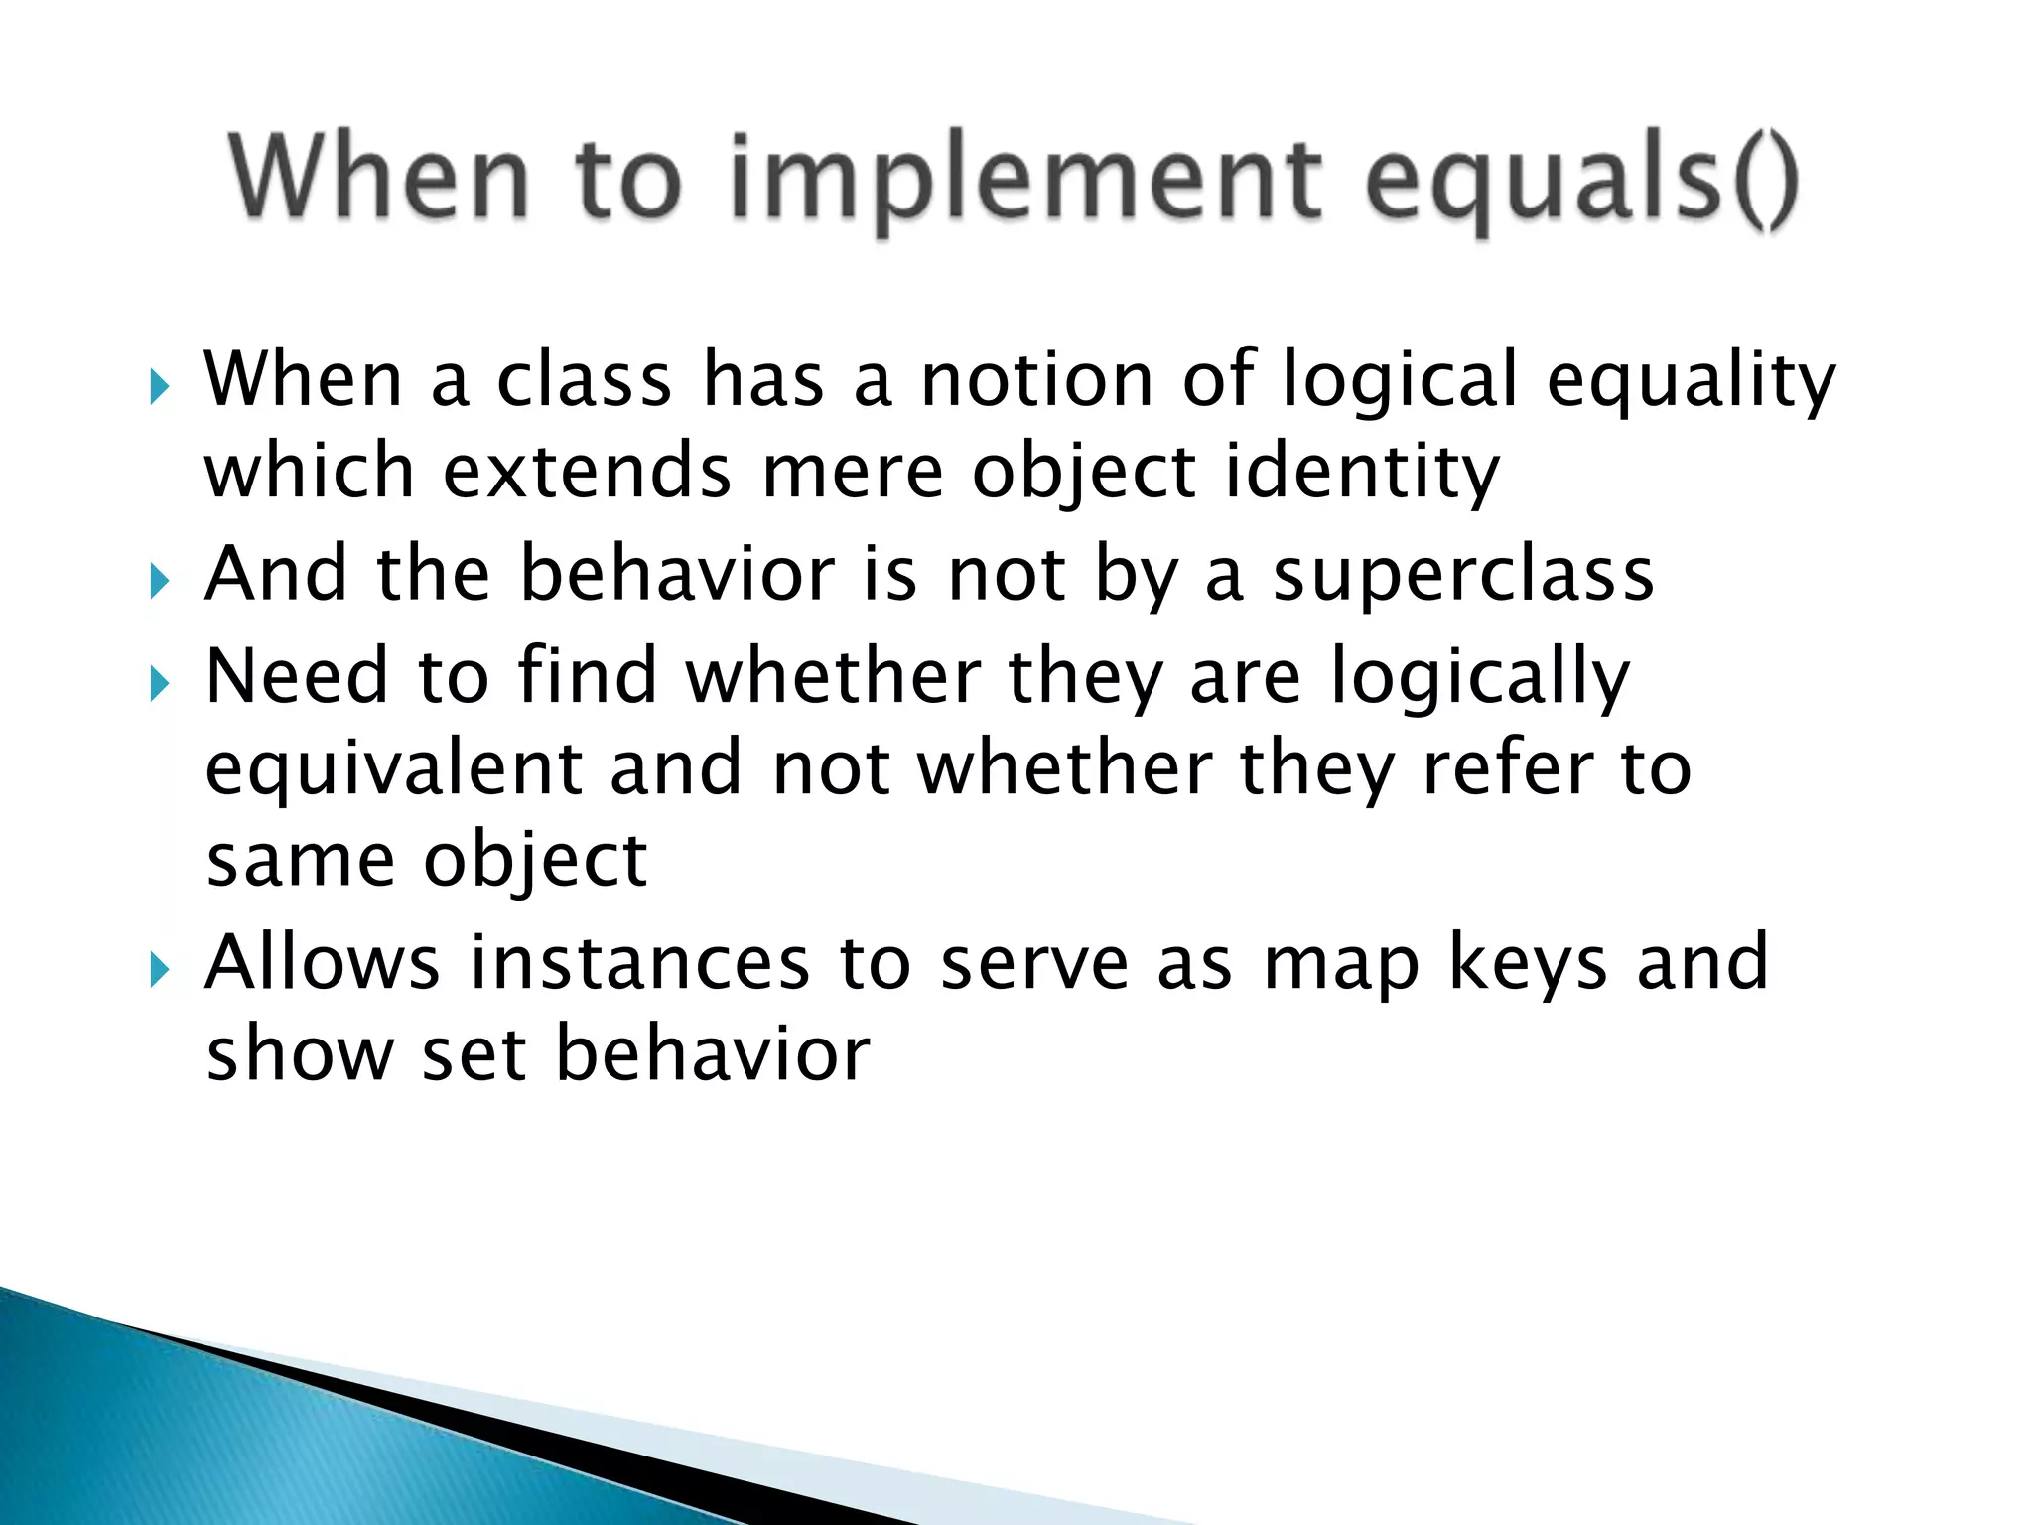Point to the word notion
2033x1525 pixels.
[x=1036, y=381]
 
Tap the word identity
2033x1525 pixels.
[x=1362, y=475]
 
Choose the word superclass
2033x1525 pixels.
[x=1463, y=575]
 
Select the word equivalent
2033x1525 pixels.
[x=394, y=770]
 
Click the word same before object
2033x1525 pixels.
[x=301, y=861]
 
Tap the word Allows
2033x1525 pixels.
[x=322, y=963]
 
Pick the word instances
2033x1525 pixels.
[x=639, y=963]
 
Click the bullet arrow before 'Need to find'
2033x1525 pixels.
[x=160, y=683]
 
